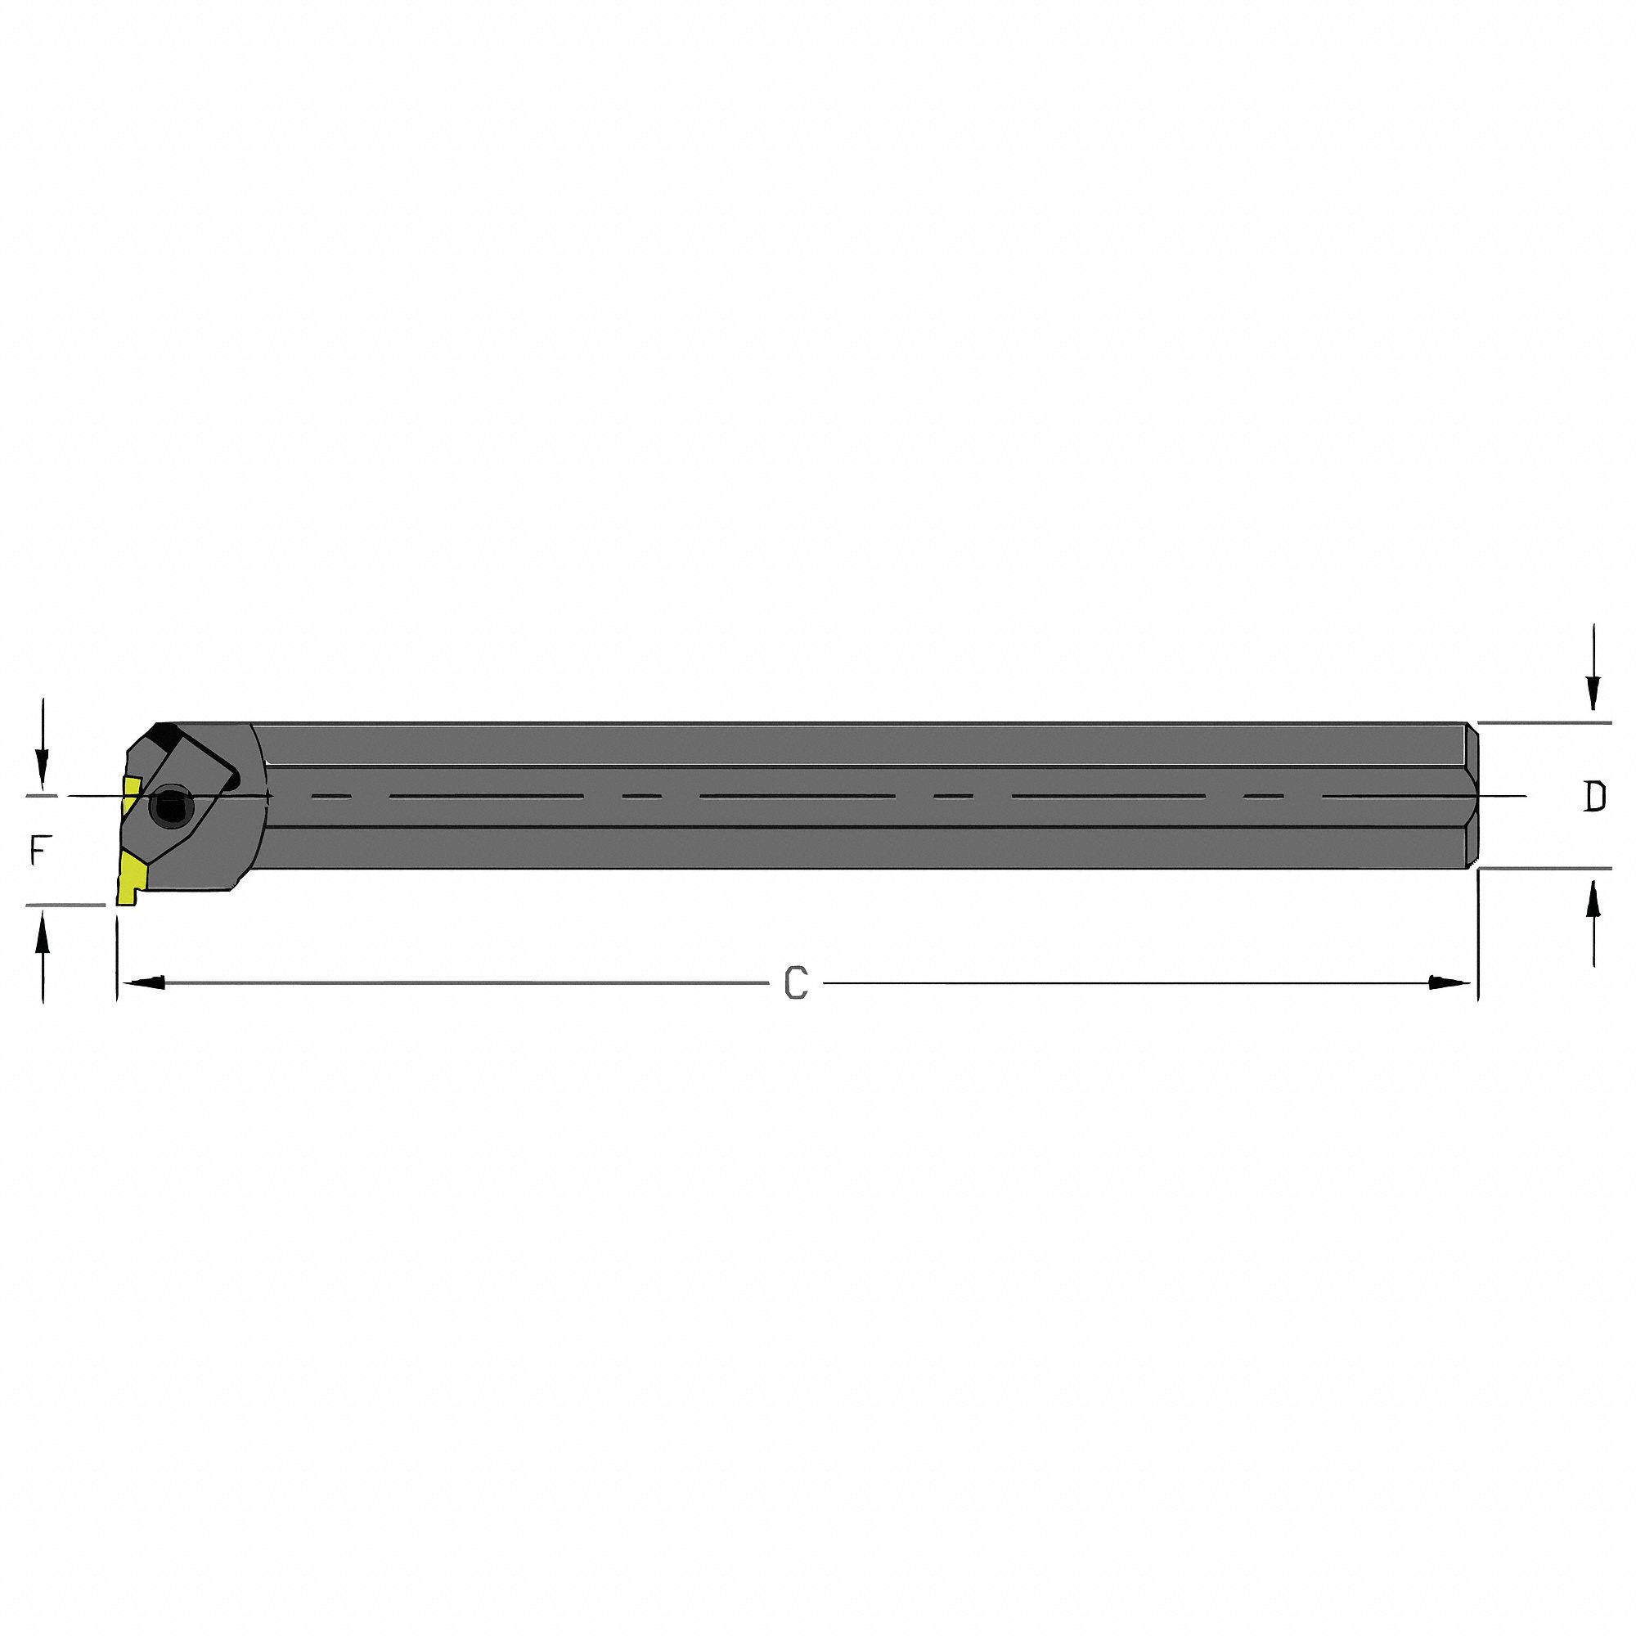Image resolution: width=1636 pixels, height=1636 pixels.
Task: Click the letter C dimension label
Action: (796, 982)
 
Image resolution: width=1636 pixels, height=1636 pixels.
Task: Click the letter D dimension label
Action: (1594, 798)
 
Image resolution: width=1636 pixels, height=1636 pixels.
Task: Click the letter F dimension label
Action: (38, 850)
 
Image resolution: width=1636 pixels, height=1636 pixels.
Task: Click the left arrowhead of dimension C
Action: (144, 982)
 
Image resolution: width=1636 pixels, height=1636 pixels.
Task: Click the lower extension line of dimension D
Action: (1545, 869)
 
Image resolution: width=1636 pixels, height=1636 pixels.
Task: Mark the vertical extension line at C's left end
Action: (116, 957)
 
